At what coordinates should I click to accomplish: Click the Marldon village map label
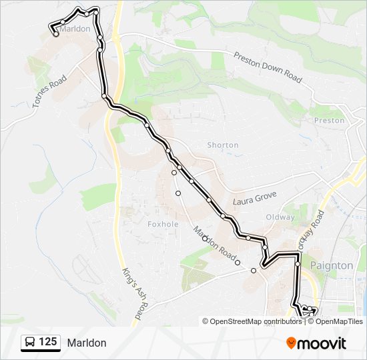(x=75, y=29)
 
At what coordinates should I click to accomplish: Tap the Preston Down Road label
(x=267, y=67)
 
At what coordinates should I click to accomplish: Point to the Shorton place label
(x=223, y=145)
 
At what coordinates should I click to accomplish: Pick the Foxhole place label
(x=163, y=224)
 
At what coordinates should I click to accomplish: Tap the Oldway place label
(x=280, y=217)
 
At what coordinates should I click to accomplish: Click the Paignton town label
(x=332, y=265)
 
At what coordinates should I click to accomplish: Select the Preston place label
(x=330, y=121)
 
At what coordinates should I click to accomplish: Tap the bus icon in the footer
(x=31, y=343)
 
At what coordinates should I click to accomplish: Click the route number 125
(x=48, y=343)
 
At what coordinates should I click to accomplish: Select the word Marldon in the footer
(x=86, y=343)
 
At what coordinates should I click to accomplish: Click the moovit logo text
(x=322, y=343)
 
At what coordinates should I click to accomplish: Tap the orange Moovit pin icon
(x=291, y=343)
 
